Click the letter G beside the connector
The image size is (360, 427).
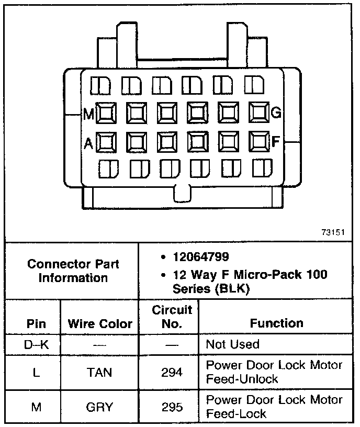pyautogui.click(x=277, y=112)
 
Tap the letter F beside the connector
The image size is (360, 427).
pyautogui.click(x=276, y=141)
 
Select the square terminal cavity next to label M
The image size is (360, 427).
pyautogui.click(x=106, y=113)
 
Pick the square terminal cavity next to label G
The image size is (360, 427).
pyautogui.click(x=259, y=112)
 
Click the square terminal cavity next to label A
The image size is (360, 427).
pyautogui.click(x=106, y=142)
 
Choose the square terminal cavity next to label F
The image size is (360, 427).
pyautogui.click(x=259, y=141)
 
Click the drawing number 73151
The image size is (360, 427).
pyautogui.click(x=333, y=232)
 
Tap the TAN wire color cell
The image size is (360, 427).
pyautogui.click(x=99, y=373)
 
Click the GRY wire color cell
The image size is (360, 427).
pyautogui.click(x=99, y=407)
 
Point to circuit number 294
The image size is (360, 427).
pyautogui.click(x=172, y=373)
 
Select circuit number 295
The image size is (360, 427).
pyautogui.click(x=172, y=407)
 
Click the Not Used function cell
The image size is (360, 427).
pyautogui.click(x=232, y=344)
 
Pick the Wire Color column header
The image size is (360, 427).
pyautogui.click(x=100, y=323)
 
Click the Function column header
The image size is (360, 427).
pyautogui.click(x=276, y=323)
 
